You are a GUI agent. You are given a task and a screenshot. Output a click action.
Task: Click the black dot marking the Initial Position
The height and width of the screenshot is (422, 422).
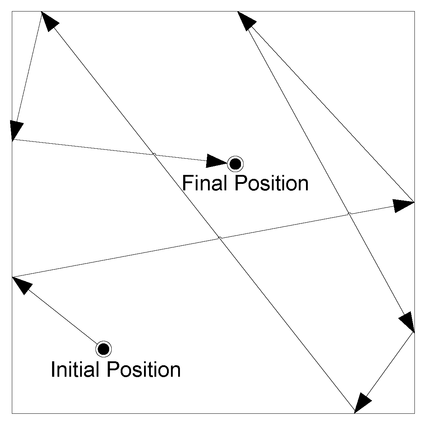click(103, 348)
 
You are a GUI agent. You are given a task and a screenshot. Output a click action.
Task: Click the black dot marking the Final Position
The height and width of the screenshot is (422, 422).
click(235, 164)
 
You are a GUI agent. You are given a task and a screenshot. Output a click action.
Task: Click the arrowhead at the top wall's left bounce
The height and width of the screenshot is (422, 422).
click(49, 21)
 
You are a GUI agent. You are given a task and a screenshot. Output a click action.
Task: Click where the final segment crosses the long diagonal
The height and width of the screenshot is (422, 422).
click(154, 154)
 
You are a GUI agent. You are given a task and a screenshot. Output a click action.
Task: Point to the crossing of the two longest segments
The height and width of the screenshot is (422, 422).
click(220, 238)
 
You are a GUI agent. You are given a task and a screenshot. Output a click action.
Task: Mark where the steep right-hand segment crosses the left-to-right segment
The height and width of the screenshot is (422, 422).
click(349, 214)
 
